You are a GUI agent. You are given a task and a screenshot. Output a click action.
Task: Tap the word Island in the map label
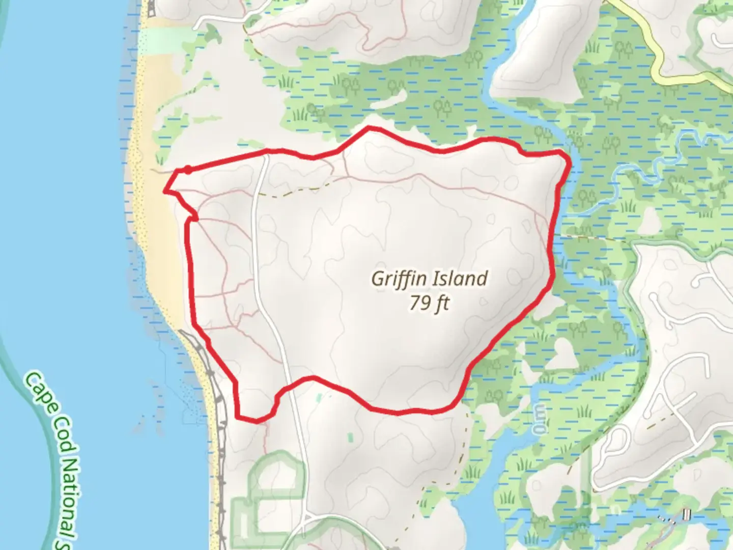coord(460,279)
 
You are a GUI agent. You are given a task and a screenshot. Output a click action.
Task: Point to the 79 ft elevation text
coord(429,304)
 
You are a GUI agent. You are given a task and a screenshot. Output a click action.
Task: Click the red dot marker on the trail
coord(188,170)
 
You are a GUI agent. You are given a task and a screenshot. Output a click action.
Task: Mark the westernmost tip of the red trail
coord(164,191)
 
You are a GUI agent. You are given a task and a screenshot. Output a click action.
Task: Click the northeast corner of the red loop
coord(562,153)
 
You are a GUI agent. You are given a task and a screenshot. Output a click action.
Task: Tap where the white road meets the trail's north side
coord(266,151)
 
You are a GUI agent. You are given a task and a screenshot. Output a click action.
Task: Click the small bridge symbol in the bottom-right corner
coord(687,515)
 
